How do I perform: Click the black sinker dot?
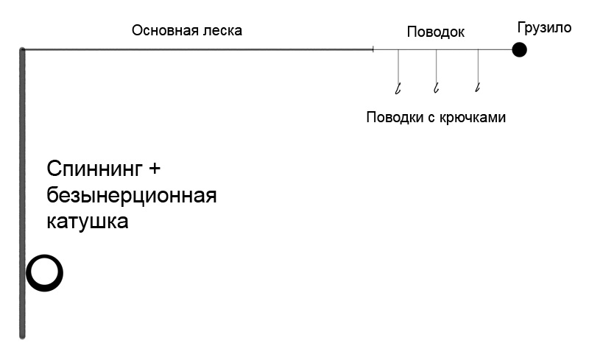(519, 49)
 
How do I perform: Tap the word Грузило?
(544, 28)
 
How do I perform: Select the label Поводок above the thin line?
(435, 32)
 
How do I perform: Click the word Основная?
(163, 30)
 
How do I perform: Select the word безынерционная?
(132, 195)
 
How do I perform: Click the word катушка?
(88, 222)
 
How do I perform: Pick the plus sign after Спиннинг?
(155, 169)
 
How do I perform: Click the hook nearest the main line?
(398, 88)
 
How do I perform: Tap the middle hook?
(436, 88)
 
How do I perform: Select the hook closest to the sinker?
(477, 88)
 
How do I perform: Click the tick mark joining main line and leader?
(373, 49)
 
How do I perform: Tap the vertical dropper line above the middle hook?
(436, 66)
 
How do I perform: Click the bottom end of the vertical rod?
(22, 337)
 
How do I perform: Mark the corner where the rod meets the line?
(22, 49)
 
